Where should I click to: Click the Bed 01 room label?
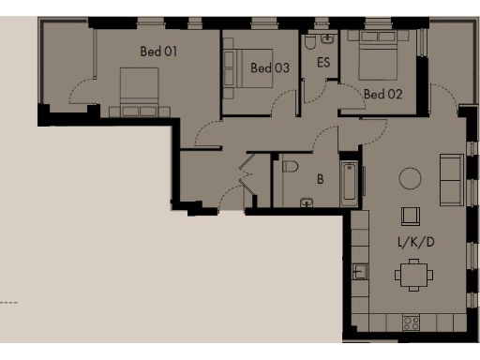pos(158,52)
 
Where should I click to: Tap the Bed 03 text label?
pos(269,67)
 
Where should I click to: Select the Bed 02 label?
pos(382,94)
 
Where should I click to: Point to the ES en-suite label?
pos(323,63)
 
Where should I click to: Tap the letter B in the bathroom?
pos(320,177)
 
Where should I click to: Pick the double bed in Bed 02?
pos(369,56)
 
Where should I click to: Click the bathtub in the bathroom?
pos(349,184)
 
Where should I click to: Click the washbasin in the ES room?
pos(326,39)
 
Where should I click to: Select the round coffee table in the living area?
pos(410,177)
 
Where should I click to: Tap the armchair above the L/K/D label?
pos(410,217)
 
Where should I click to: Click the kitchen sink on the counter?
pos(360,272)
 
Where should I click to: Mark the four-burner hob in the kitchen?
pos(410,322)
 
